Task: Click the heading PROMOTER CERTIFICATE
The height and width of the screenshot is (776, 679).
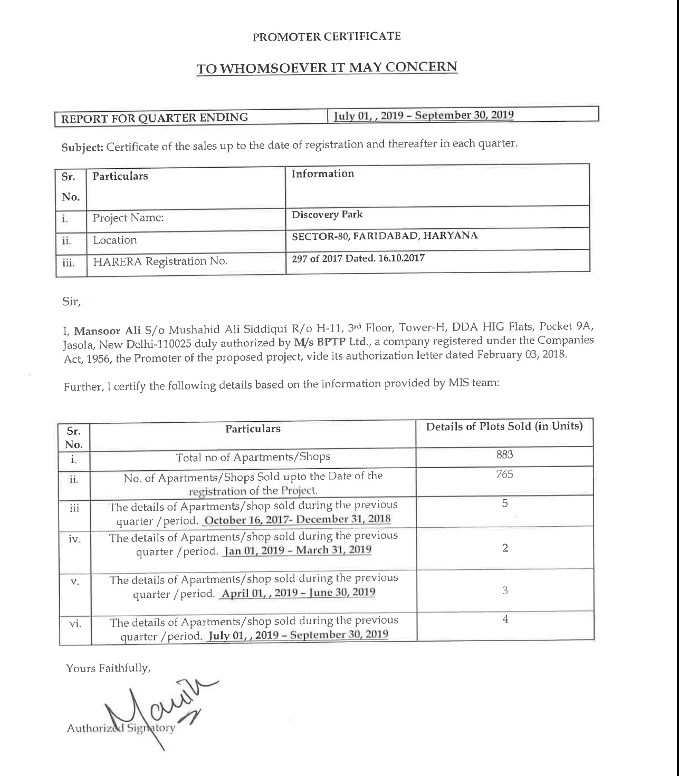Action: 327,36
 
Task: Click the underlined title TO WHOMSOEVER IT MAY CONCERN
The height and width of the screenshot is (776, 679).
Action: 327,68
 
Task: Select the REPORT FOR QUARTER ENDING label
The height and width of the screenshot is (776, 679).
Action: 155,118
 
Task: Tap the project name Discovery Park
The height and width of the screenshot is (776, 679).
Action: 327,215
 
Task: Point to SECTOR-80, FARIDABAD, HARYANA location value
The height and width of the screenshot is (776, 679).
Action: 385,236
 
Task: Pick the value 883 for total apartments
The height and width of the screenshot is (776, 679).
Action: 504,454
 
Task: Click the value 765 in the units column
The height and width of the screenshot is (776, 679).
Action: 504,474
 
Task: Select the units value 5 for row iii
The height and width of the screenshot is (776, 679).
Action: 505,503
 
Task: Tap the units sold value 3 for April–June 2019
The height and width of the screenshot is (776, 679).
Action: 505,590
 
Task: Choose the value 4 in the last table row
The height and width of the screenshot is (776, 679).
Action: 505,619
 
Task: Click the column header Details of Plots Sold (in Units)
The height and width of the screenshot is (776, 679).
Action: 504,426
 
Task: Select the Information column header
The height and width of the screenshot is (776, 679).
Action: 322,173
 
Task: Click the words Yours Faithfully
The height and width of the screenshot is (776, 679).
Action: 108,668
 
